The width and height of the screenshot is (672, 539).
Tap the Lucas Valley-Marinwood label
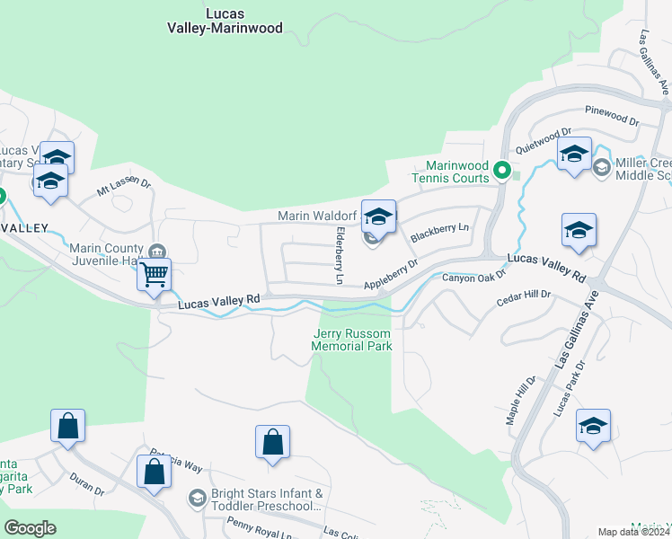225,21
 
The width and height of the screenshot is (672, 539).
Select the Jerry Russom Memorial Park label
352,340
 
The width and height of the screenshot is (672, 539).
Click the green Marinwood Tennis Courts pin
503,169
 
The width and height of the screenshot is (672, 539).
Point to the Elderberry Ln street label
340,256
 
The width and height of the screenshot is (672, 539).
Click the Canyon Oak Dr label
474,278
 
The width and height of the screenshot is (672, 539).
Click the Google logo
30,528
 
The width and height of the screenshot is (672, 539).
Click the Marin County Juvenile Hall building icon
157,250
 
